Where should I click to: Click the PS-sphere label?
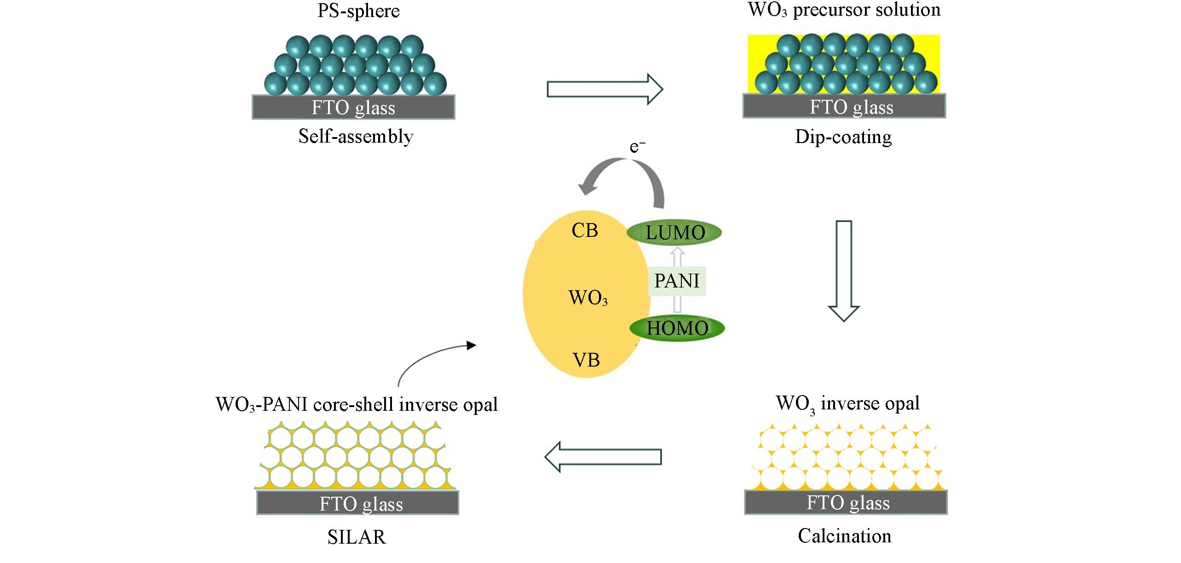pyautogui.click(x=358, y=11)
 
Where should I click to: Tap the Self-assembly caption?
pyautogui.click(x=356, y=137)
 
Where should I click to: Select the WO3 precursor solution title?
pyautogui.click(x=844, y=10)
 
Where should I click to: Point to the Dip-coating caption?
pyautogui.click(x=843, y=137)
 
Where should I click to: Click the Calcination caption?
pyautogui.click(x=844, y=536)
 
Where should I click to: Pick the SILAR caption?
pyautogui.click(x=357, y=537)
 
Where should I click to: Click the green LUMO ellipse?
pyautogui.click(x=674, y=232)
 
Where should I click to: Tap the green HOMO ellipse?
pyautogui.click(x=677, y=328)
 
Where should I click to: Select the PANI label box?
pyautogui.click(x=677, y=281)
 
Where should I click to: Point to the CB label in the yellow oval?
pyautogui.click(x=584, y=230)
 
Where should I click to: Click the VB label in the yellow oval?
pyautogui.click(x=586, y=360)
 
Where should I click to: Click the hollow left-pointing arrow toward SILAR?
pyautogui.click(x=603, y=457)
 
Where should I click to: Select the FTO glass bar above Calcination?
pyautogui.click(x=846, y=502)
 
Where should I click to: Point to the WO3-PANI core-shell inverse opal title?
pyautogui.click(x=357, y=404)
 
